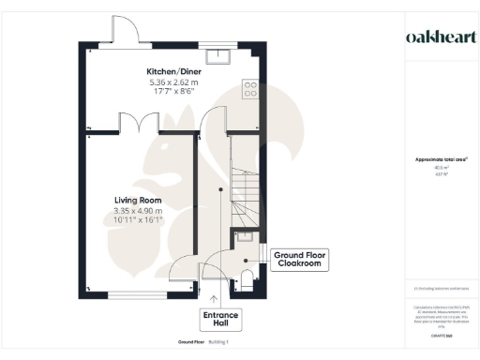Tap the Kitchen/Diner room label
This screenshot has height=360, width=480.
tap(171, 71)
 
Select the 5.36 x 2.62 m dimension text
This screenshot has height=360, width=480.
tap(171, 82)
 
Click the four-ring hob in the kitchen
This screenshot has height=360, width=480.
tap(251, 89)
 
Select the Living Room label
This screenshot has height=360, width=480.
tap(139, 201)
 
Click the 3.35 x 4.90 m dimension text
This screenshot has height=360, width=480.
tap(139, 212)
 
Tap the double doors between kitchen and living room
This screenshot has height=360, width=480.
tap(139, 122)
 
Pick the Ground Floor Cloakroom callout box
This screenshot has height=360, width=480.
tap(298, 259)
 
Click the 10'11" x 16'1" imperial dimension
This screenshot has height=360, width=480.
tap(139, 222)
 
